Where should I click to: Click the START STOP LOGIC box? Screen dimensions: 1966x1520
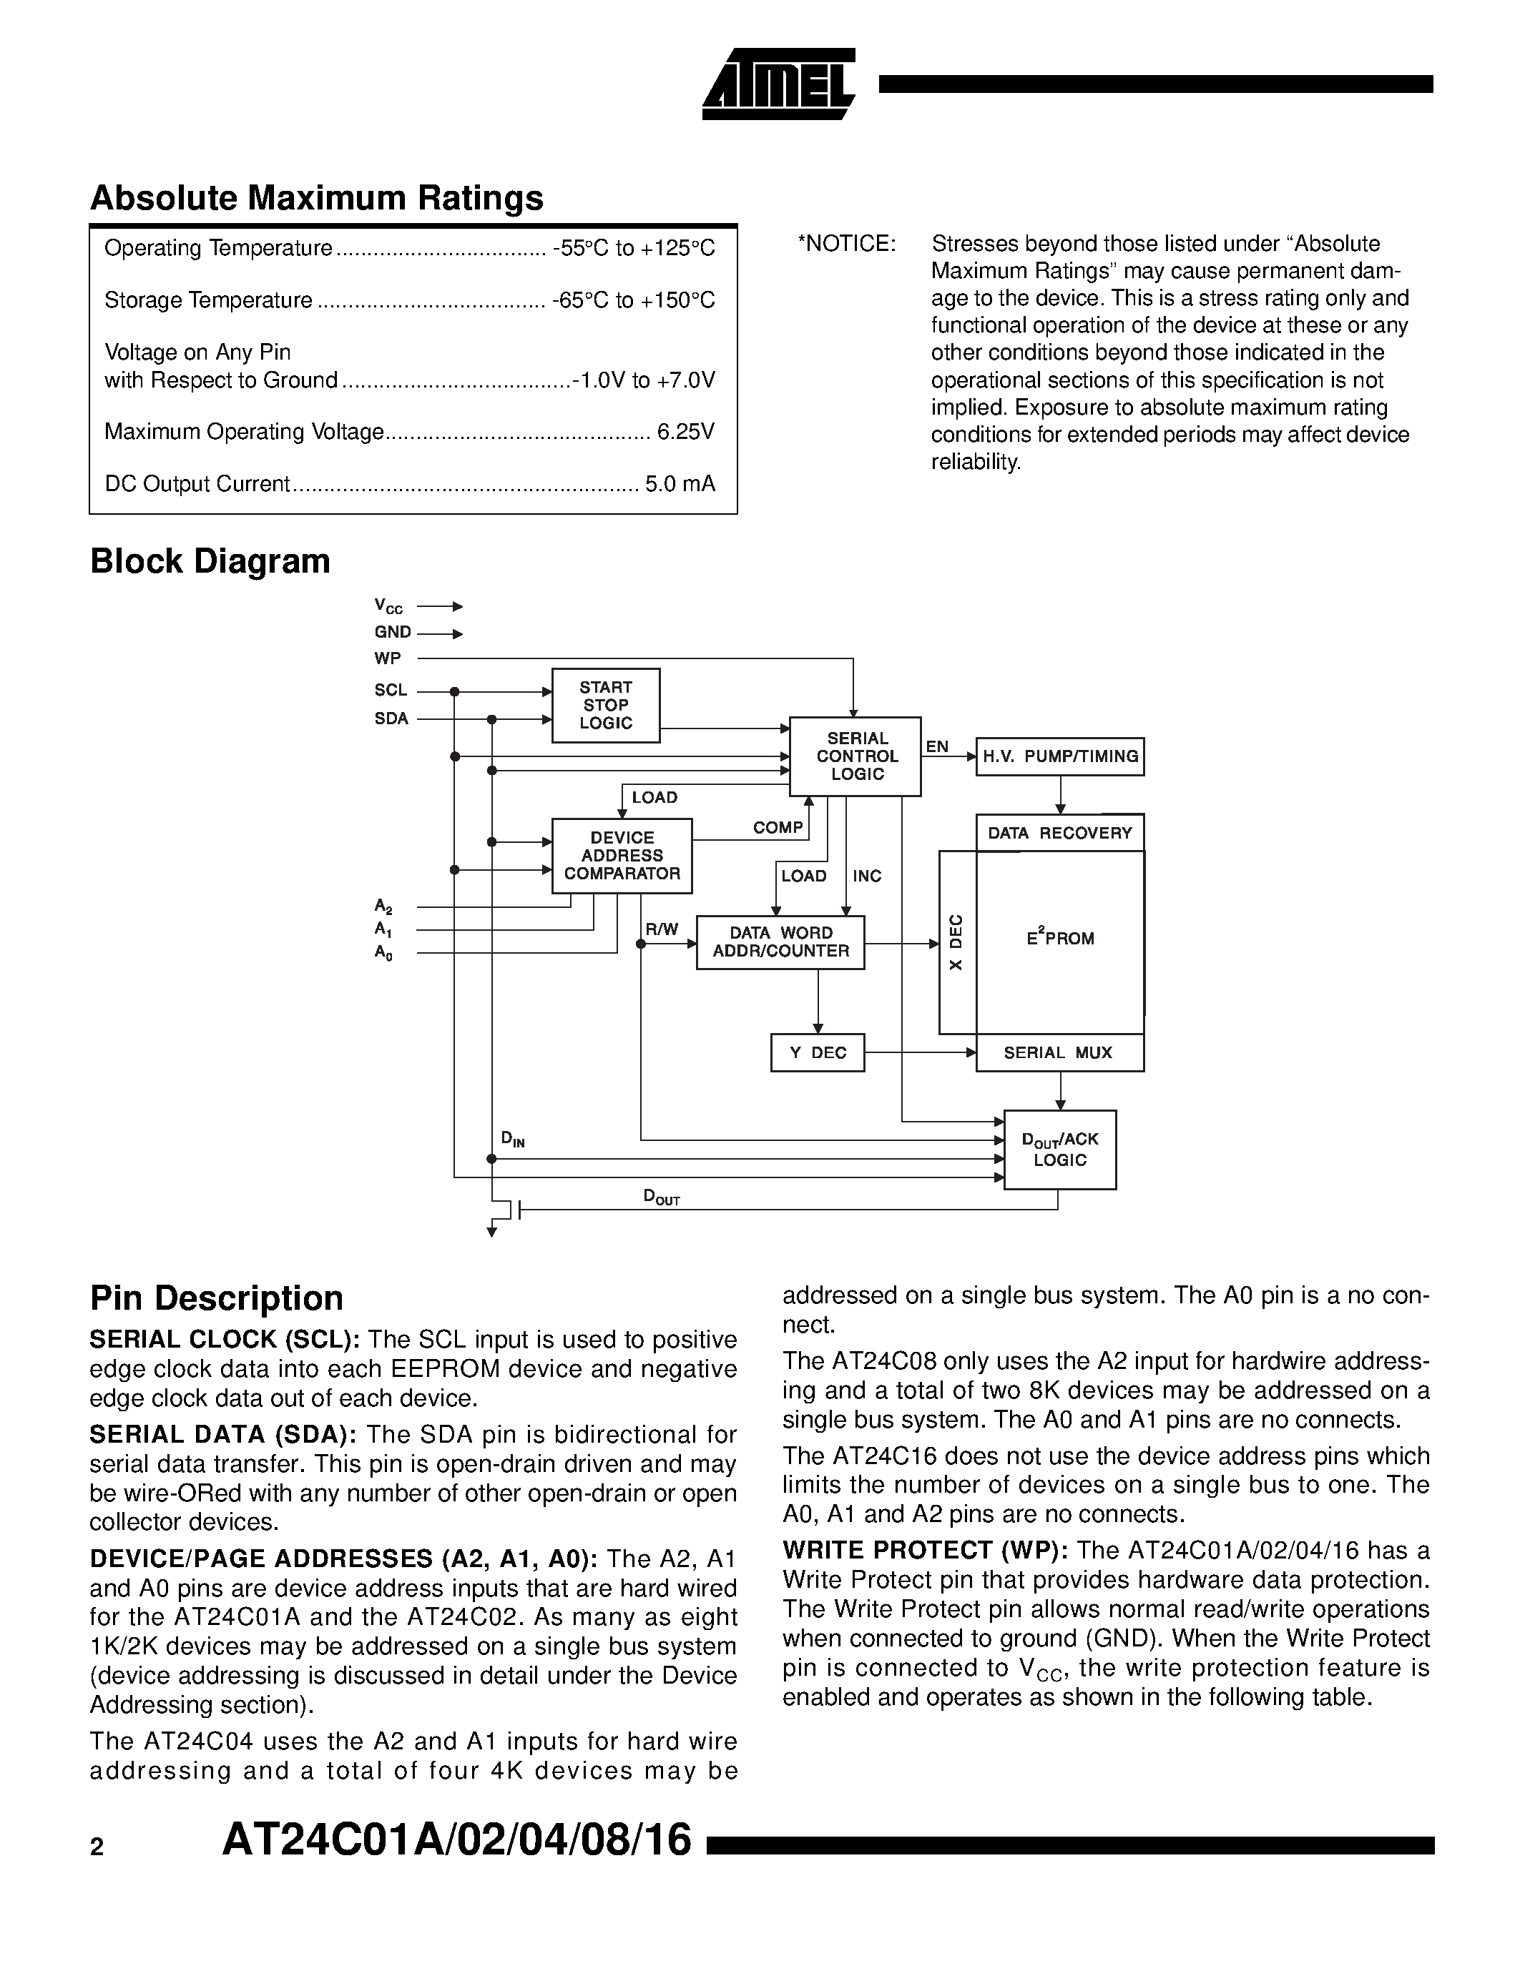point(605,705)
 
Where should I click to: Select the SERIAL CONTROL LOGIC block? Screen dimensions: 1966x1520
point(855,756)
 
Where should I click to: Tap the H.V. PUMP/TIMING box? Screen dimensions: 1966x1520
point(1060,756)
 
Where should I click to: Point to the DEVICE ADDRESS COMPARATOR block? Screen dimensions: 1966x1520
point(622,855)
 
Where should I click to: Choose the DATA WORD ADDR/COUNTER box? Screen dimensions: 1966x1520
point(780,942)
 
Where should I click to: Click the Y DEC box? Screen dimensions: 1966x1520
point(818,1052)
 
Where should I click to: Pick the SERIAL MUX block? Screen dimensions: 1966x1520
point(1059,1052)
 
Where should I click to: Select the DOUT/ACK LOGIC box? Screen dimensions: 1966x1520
point(1060,1150)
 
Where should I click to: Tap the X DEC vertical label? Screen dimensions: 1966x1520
point(956,942)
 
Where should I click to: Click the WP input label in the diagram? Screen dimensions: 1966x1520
point(388,658)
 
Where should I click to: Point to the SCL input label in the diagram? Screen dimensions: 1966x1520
point(391,691)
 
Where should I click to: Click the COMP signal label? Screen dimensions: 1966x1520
point(777,827)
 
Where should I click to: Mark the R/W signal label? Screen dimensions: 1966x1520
point(662,929)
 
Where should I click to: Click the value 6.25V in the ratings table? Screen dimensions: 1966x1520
point(685,432)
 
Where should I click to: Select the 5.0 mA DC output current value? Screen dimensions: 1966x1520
point(680,484)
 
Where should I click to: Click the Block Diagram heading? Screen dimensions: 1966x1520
point(210,560)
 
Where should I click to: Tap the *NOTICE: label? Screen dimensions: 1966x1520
point(846,244)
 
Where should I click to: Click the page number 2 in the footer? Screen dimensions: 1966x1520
point(97,1847)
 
